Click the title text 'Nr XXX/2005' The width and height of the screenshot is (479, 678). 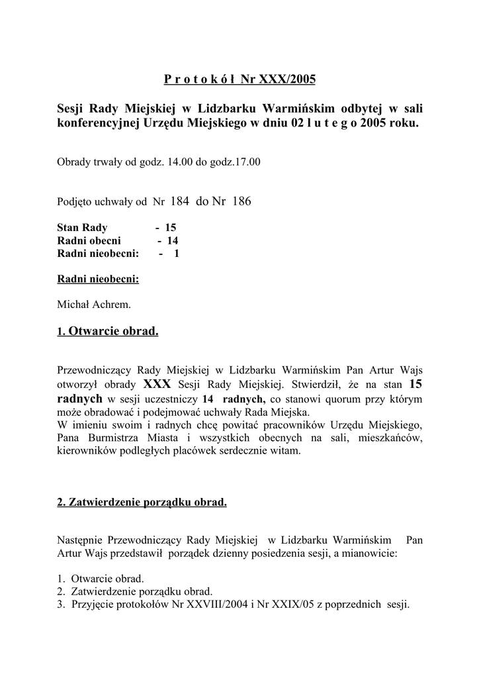(x=279, y=80)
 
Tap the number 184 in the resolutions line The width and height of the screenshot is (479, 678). (x=181, y=201)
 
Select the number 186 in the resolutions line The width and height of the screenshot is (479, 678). (x=241, y=201)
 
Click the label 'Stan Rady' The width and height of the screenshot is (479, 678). (x=82, y=228)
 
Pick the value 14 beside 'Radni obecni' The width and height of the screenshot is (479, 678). (x=173, y=240)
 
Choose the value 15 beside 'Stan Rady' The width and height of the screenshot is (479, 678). (x=170, y=228)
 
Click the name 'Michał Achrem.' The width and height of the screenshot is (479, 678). (x=94, y=305)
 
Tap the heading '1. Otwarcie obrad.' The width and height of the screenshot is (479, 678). (x=108, y=331)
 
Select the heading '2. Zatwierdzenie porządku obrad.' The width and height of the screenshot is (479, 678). (x=142, y=503)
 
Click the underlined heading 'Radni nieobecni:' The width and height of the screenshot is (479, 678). (x=98, y=279)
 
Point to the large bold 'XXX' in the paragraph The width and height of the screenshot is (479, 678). (x=157, y=385)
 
